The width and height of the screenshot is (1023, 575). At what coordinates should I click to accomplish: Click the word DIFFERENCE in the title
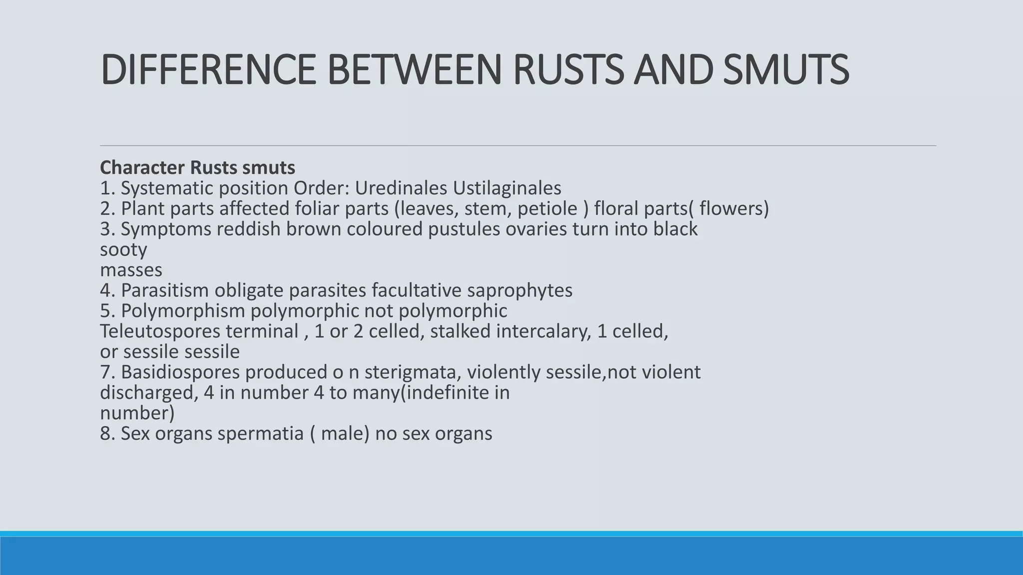pyautogui.click(x=208, y=70)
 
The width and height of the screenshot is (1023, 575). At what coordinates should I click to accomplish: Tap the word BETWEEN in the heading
pyautogui.click(x=414, y=70)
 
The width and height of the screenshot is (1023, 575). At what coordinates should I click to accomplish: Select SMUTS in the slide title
pyautogui.click(x=786, y=70)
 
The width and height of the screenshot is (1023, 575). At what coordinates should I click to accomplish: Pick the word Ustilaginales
pyautogui.click(x=507, y=188)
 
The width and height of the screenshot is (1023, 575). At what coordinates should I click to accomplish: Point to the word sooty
pyautogui.click(x=123, y=250)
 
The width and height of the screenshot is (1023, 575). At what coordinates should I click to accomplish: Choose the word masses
pyautogui.click(x=131, y=270)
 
